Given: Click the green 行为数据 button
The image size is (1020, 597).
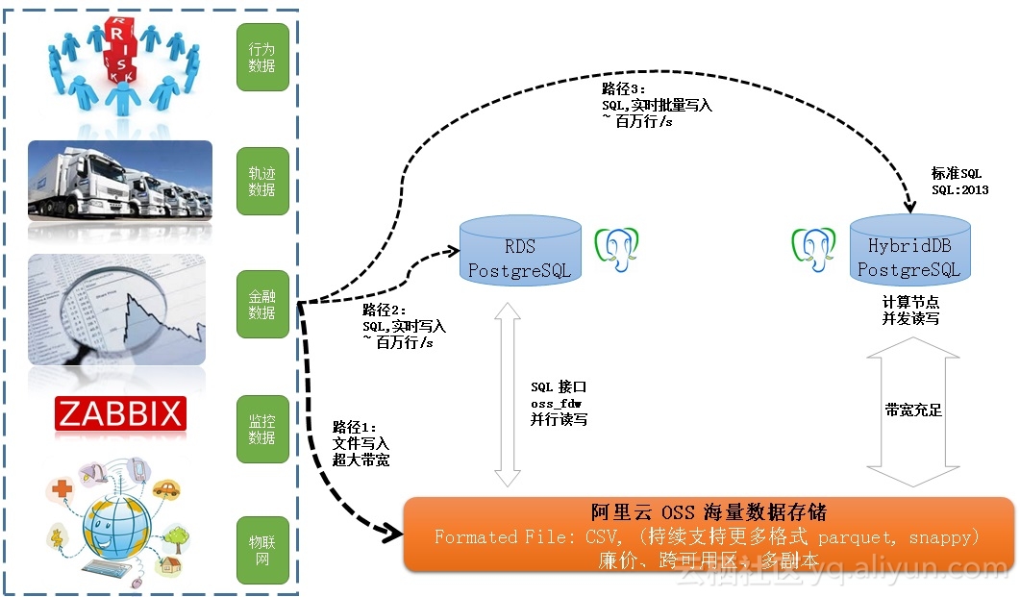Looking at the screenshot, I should click(x=262, y=58).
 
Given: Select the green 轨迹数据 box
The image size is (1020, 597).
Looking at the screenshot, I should click(x=262, y=182).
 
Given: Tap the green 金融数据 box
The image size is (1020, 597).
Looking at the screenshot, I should click(x=262, y=305).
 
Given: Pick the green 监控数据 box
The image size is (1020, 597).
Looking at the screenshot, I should click(x=262, y=429).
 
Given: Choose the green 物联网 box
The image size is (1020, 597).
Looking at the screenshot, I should click(x=262, y=551).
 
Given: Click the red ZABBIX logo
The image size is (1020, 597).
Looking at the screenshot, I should click(x=120, y=414).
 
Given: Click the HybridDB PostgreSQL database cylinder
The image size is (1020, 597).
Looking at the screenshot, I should click(x=909, y=249).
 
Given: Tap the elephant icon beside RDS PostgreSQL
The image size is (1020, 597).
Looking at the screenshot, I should click(x=616, y=248).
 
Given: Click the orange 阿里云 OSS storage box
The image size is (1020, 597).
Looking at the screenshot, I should click(x=709, y=534).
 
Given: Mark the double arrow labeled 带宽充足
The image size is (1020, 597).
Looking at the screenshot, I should click(x=912, y=410).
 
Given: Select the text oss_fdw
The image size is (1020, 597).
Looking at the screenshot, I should click(x=557, y=404).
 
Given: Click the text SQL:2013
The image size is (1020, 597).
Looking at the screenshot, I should click(x=958, y=189).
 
